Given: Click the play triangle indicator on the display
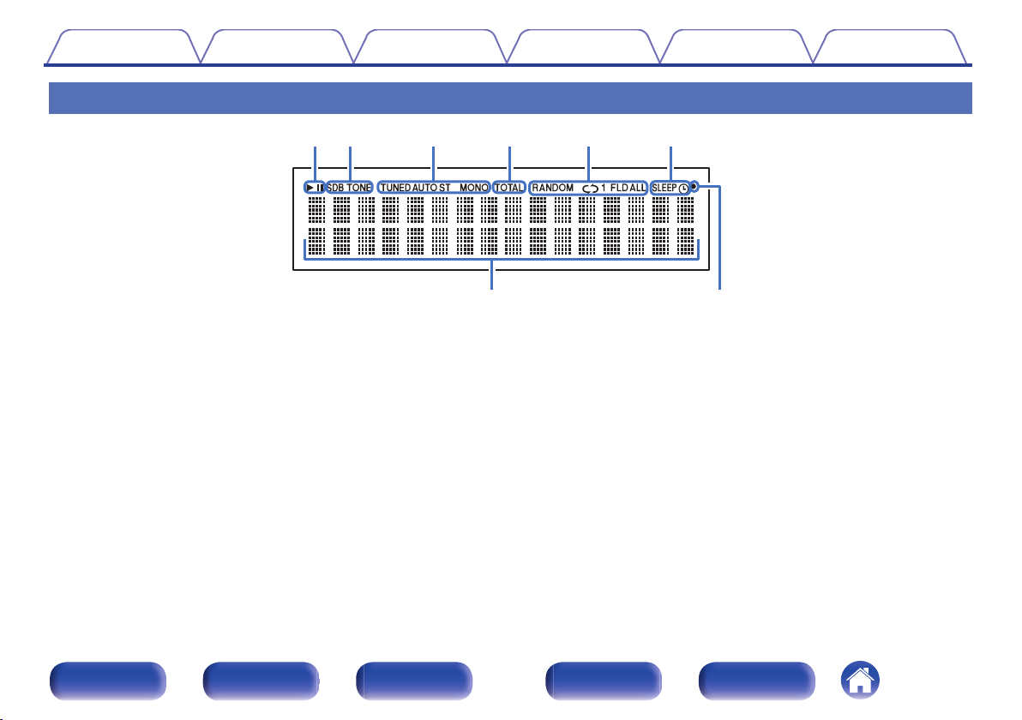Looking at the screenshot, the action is pyautogui.click(x=310, y=188).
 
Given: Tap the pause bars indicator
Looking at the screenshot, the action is pyautogui.click(x=319, y=188).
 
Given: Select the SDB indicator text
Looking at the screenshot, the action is pyautogui.click(x=335, y=188).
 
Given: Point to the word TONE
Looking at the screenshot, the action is pyautogui.click(x=359, y=188).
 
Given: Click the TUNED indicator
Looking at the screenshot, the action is pyautogui.click(x=395, y=188).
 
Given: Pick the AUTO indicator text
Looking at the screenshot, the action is pyautogui.click(x=425, y=188).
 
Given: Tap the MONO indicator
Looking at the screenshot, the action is pyautogui.click(x=474, y=188).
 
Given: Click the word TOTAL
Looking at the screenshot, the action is pyautogui.click(x=509, y=188).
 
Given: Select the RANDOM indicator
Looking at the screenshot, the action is pyautogui.click(x=553, y=188).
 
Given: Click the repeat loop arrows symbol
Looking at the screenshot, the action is pyautogui.click(x=591, y=189).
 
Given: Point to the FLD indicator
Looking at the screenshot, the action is pyautogui.click(x=619, y=188).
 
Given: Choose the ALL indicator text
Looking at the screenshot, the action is pyautogui.click(x=637, y=188).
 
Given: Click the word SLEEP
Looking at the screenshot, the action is pyautogui.click(x=664, y=188).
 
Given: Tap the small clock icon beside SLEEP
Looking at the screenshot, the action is pyautogui.click(x=683, y=189).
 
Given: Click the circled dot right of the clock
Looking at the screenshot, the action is pyautogui.click(x=694, y=186).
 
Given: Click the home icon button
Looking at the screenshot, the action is pyautogui.click(x=860, y=681).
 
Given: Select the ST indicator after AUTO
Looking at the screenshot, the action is pyautogui.click(x=444, y=188).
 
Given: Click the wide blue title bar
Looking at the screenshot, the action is pyautogui.click(x=510, y=98).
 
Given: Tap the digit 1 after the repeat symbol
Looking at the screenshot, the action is pyautogui.click(x=604, y=188).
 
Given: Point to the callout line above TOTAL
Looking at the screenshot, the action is pyautogui.click(x=509, y=163).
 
